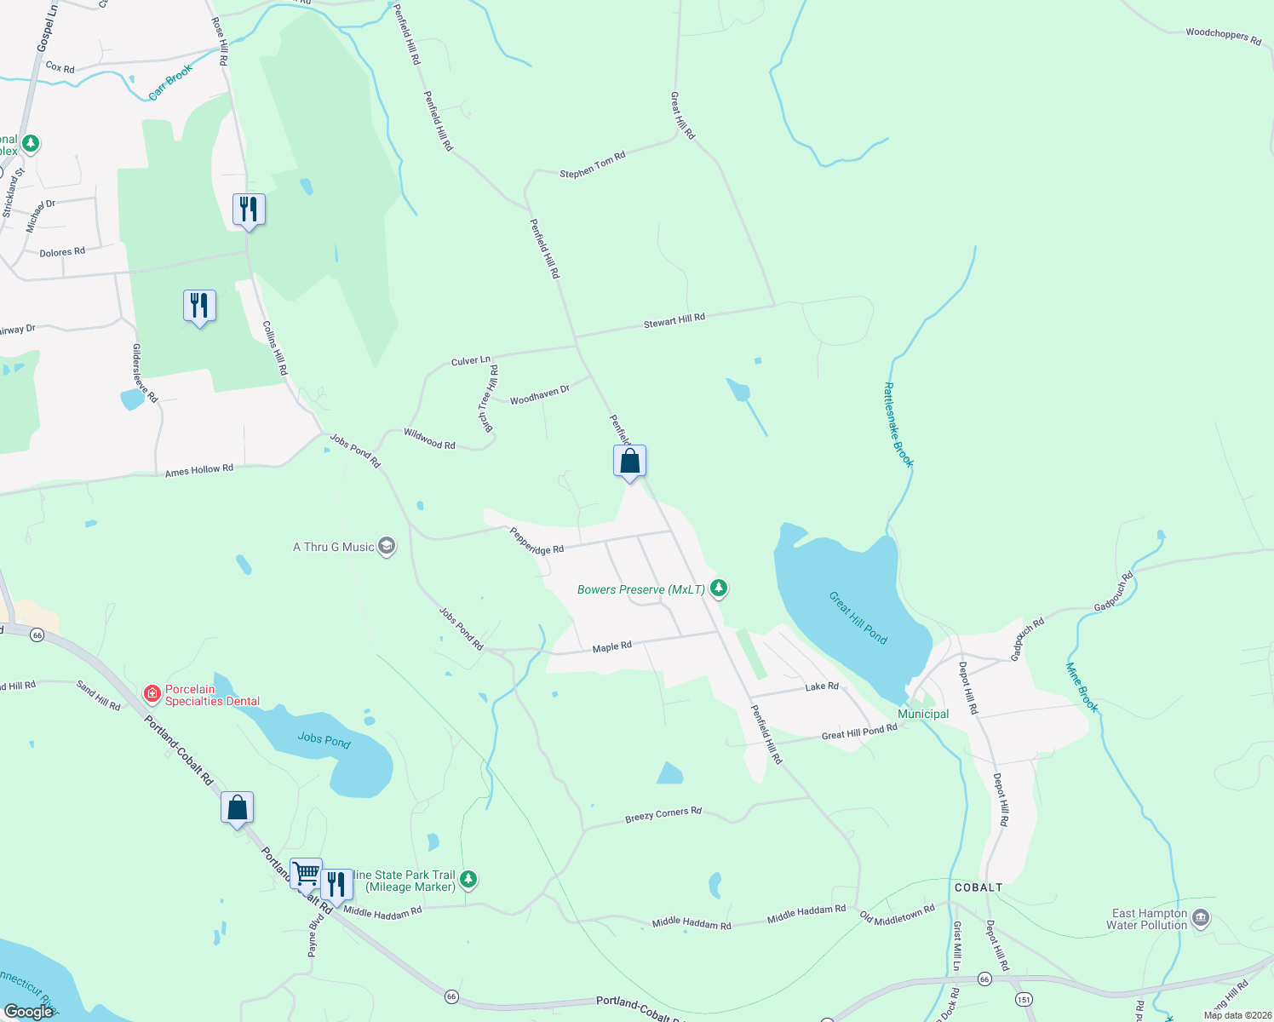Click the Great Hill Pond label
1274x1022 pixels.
[858, 617]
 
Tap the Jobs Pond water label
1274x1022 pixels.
[324, 739]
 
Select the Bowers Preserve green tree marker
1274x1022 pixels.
[720, 588]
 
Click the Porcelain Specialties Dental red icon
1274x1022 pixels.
[152, 694]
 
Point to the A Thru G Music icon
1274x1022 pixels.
[387, 546]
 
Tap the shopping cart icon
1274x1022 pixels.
[306, 873]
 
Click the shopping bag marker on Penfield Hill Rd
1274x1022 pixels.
[629, 462]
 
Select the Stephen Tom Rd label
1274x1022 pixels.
[593, 164]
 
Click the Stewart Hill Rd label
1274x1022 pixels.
[674, 321]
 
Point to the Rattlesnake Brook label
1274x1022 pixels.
[898, 425]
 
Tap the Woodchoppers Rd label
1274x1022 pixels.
[1223, 36]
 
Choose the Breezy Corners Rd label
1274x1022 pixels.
[663, 815]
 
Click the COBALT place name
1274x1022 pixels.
[978, 887]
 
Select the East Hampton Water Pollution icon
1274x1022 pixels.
[1201, 917]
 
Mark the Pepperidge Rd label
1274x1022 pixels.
[537, 542]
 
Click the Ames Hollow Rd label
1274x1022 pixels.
[199, 470]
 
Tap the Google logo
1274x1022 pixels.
[28, 1012]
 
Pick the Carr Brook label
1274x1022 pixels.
[171, 82]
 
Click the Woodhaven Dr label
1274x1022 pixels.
[540, 395]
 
